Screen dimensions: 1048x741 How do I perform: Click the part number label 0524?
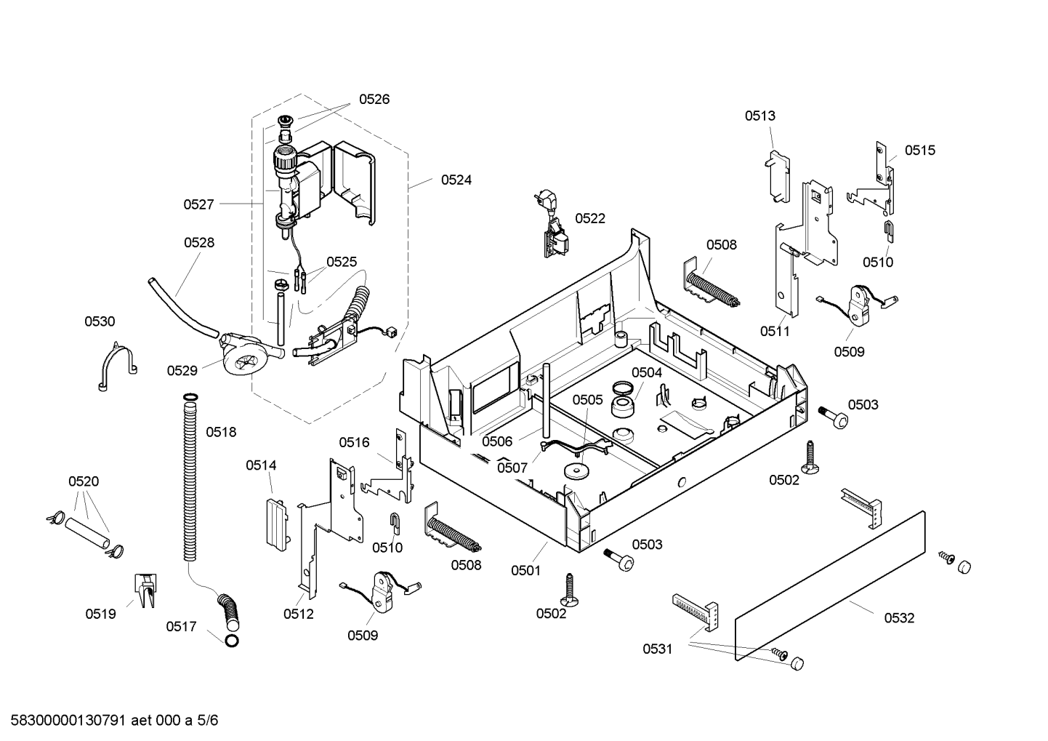[x=456, y=180]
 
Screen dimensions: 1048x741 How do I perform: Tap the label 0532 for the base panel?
[x=899, y=618]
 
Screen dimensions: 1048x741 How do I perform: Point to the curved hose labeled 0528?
[x=182, y=308]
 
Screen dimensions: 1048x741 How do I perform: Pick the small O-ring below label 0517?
[x=232, y=641]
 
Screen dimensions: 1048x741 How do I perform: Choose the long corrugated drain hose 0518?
[x=190, y=478]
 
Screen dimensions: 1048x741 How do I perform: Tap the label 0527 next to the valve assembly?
[x=198, y=204]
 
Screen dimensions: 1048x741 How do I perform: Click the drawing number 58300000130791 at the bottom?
[x=68, y=721]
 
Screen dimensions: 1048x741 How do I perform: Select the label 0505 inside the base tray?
[x=588, y=400]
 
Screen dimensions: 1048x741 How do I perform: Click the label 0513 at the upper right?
[x=759, y=116]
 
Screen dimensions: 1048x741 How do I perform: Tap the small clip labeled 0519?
[x=145, y=590]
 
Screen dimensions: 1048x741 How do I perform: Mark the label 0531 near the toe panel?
[x=657, y=649]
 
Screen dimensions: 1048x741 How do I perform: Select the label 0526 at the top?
[x=374, y=99]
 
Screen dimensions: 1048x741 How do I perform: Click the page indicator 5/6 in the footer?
[x=207, y=721]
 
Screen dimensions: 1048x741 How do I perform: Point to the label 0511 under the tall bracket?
[x=775, y=332]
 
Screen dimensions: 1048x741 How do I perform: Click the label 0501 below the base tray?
[x=525, y=571]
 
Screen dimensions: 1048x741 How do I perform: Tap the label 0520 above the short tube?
[x=84, y=481]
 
